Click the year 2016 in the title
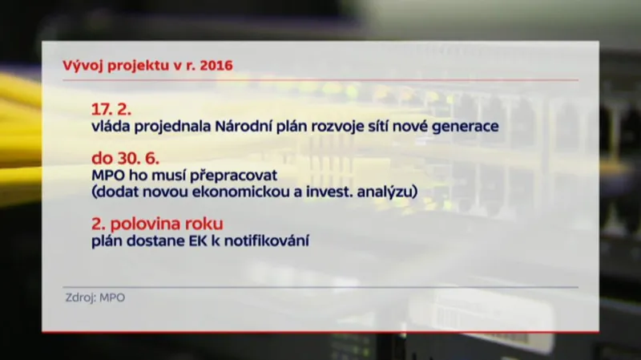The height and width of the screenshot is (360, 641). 216,65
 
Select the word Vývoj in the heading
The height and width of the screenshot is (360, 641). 80,65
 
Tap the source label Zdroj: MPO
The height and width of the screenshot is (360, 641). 95,297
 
